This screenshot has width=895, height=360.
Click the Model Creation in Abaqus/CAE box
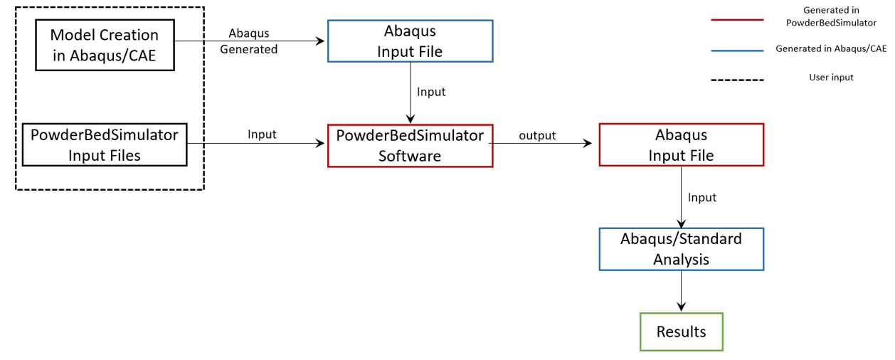tap(105, 45)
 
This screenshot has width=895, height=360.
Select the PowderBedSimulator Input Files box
tap(105, 144)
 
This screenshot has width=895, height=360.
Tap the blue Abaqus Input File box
tap(410, 41)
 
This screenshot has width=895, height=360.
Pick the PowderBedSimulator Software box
tap(410, 146)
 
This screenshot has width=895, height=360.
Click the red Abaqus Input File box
tap(681, 145)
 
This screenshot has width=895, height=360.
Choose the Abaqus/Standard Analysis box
tap(681, 249)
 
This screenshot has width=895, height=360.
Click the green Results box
tap(681, 332)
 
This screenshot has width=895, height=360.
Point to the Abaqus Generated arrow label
tap(249, 41)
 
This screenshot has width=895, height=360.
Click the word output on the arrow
tap(537, 135)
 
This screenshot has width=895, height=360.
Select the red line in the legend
tap(737, 20)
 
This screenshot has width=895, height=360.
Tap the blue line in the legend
tap(737, 51)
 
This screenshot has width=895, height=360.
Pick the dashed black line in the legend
tap(737, 80)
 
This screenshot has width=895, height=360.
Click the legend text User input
tap(831, 77)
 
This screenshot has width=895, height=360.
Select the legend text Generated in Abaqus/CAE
tap(831, 49)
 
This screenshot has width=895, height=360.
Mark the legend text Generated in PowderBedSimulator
tap(831, 16)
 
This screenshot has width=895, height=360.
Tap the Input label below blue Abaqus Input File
tap(431, 92)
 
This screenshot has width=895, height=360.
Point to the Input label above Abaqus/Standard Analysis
tap(702, 197)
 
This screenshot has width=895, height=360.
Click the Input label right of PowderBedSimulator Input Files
tap(262, 134)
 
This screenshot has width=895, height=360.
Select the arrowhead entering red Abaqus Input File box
tap(588, 143)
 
